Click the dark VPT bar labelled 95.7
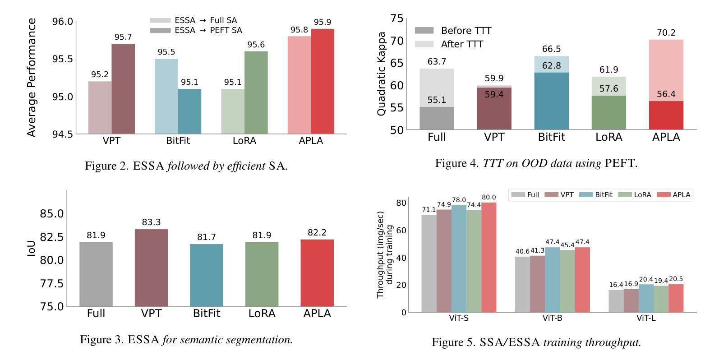click(123, 88)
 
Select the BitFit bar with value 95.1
click(189, 111)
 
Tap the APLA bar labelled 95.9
click(323, 81)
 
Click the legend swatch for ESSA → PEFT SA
click(160, 31)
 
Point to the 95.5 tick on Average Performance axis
click(63, 59)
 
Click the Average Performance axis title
click(31, 78)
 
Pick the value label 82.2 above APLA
click(317, 233)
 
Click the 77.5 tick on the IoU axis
click(52, 283)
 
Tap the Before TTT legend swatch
click(424, 31)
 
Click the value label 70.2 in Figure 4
click(666, 33)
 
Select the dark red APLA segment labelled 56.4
click(666, 115)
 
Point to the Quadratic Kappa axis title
click(382, 74)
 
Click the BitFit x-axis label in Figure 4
click(551, 137)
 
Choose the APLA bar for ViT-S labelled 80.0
click(489, 257)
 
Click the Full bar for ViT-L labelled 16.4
click(616, 301)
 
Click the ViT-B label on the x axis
click(552, 318)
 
